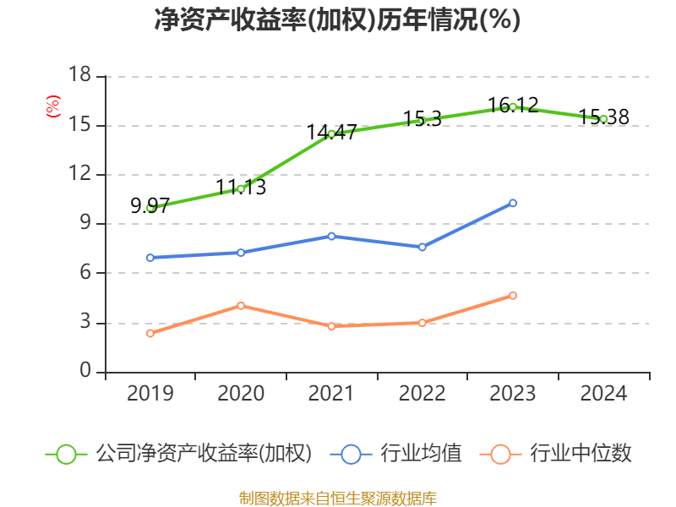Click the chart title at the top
[x=337, y=19]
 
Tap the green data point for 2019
[x=150, y=208]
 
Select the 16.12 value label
[x=513, y=105]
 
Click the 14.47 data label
[x=331, y=132]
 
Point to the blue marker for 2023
[x=513, y=203]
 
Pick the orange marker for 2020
[x=241, y=305]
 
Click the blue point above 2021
[x=331, y=236]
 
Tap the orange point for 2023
[x=513, y=295]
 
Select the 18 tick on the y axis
[x=79, y=76]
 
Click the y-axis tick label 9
[x=85, y=224]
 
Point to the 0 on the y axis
[x=85, y=372]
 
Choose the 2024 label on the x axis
[x=603, y=394]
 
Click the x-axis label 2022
[x=422, y=394]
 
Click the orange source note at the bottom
[x=337, y=498]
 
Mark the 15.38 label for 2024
[x=603, y=117]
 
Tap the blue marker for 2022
[x=422, y=247]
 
